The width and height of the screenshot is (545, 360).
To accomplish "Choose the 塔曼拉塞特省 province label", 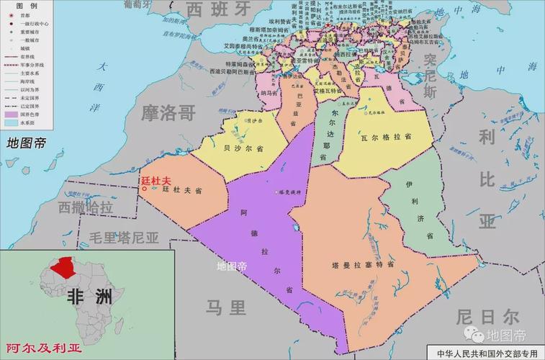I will click(363, 264).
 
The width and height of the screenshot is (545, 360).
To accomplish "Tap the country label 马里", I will click(225, 307).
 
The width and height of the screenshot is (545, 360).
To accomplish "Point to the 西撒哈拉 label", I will click(86, 207).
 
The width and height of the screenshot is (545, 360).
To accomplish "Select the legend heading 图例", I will click(17, 4).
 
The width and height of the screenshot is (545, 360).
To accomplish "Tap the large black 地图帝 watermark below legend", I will click(26, 142).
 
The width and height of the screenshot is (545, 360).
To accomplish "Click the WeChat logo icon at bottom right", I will click(474, 334).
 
